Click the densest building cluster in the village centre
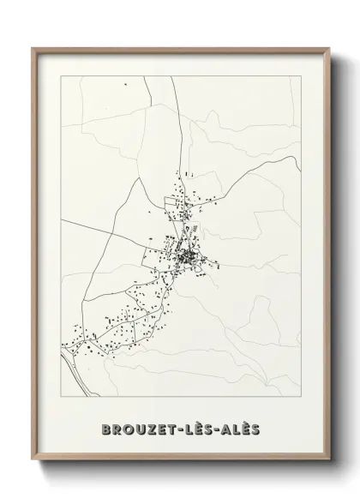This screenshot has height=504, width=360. [x=185, y=255]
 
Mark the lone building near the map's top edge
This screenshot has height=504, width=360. [x=125, y=84]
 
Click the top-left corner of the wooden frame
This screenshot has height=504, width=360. [x=33, y=47]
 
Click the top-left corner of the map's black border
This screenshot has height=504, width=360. [x=61, y=76]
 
